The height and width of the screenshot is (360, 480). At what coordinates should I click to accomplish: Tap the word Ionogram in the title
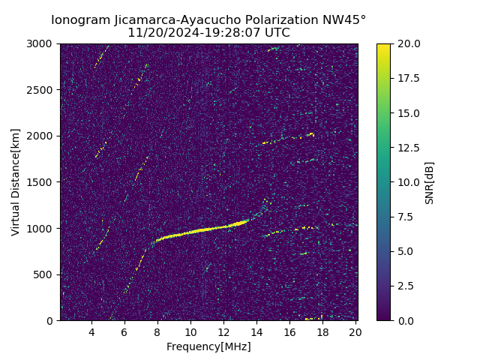point(79,20)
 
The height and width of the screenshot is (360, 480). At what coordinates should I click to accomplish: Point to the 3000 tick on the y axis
point(43,43)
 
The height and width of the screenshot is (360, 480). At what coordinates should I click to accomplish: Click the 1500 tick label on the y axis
point(43,182)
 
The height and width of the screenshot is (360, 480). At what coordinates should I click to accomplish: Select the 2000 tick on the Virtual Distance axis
point(43,136)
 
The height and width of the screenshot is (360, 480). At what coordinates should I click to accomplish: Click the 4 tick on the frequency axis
point(91,332)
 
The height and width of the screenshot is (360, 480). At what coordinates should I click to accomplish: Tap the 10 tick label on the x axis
point(190,332)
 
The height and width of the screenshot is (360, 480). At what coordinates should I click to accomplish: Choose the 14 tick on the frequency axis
point(256,332)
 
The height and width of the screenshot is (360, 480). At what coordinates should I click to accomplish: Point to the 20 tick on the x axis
point(355,332)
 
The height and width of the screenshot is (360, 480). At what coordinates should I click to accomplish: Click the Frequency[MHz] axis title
point(208,346)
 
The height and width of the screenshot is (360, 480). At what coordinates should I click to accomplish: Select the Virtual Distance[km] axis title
point(16,182)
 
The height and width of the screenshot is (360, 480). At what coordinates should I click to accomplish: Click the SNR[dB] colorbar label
point(430,182)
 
